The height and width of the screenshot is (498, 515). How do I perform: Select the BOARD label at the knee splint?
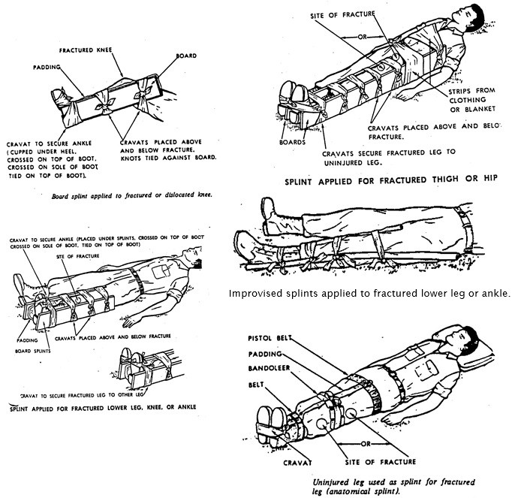click(186, 56)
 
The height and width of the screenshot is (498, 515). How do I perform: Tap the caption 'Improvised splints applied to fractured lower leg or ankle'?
click(369, 293)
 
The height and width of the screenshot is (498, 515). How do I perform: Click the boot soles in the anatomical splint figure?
click(270, 415)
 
